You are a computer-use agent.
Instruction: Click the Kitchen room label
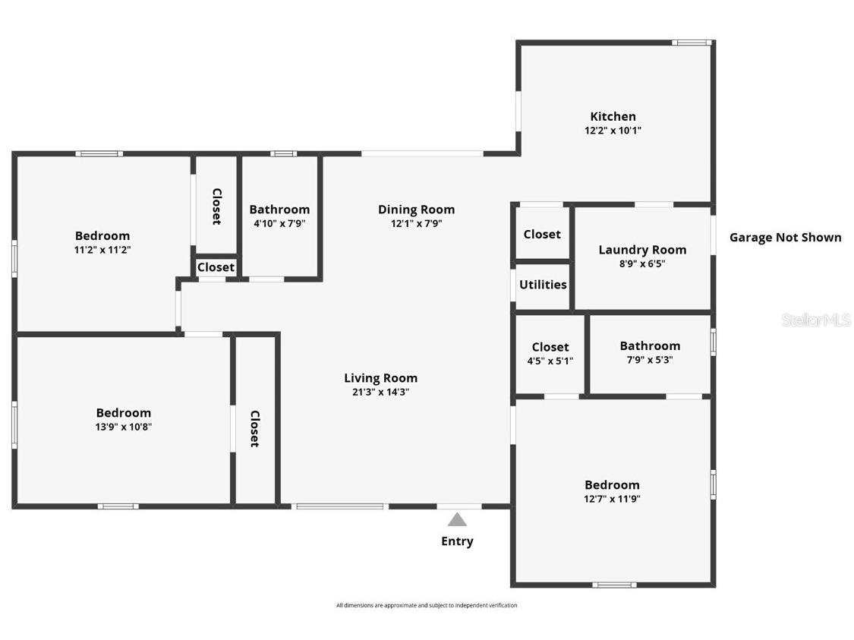(x=613, y=116)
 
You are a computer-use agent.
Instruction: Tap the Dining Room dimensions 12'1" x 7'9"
(x=416, y=224)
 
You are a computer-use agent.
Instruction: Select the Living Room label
(x=380, y=378)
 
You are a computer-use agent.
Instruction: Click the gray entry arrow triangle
(x=457, y=519)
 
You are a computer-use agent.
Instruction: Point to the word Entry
(x=457, y=541)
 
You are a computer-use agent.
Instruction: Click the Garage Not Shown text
(x=785, y=238)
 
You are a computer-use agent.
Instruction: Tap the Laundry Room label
(x=642, y=250)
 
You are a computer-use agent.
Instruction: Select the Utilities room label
(x=543, y=285)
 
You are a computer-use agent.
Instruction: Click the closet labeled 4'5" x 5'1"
(x=550, y=361)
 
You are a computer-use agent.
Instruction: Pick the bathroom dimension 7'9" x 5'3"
(x=650, y=360)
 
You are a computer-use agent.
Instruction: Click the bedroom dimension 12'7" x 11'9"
(x=612, y=499)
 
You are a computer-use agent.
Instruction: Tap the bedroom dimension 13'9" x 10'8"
(x=124, y=427)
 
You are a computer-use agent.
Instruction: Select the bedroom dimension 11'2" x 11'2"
(x=102, y=250)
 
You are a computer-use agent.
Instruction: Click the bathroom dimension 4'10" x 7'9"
(x=279, y=223)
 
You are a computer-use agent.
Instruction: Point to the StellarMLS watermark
(x=816, y=320)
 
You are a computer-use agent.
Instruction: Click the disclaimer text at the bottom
(x=427, y=605)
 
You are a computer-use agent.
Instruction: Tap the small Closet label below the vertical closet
(x=216, y=267)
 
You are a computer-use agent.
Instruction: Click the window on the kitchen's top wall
(x=692, y=43)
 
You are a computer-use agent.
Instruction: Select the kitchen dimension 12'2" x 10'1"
(x=613, y=131)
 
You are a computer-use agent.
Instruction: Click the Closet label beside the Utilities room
(x=542, y=235)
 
